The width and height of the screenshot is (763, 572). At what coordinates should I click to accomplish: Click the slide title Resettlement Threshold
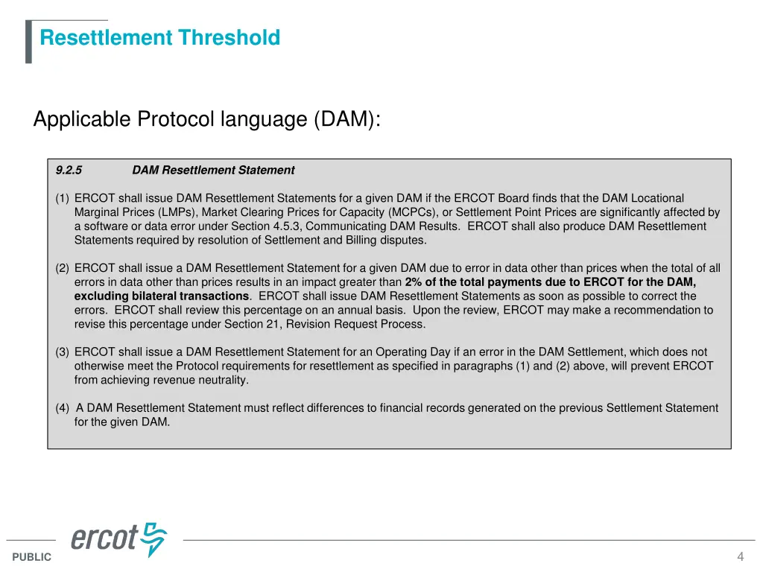(160, 38)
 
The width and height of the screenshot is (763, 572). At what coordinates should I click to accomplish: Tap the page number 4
(740, 557)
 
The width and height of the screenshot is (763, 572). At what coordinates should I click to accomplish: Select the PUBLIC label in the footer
(32, 557)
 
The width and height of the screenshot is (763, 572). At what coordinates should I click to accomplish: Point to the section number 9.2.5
(69, 171)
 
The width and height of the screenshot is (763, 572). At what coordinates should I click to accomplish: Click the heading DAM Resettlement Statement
(213, 171)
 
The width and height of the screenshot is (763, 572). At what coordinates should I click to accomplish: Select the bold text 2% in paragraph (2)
(414, 282)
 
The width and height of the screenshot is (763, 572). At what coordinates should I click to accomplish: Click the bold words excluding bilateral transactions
(162, 296)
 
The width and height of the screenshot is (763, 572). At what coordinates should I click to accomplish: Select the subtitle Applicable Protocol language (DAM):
(206, 119)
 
